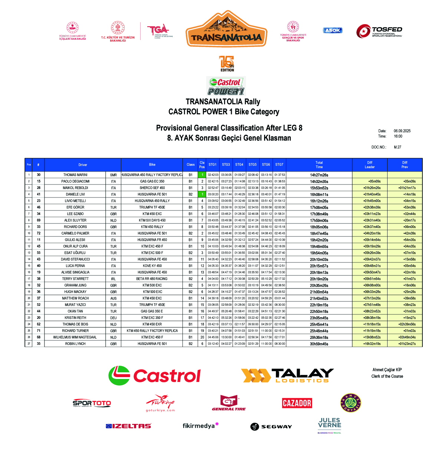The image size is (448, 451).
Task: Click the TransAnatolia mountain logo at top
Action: tap(226, 29)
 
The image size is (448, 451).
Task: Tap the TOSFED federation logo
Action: tap(379, 32)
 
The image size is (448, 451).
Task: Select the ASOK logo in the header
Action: tap(332, 30)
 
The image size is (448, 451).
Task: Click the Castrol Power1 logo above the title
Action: tap(226, 86)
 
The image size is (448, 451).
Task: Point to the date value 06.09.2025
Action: tap(402, 131)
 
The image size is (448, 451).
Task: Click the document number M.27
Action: tap(397, 147)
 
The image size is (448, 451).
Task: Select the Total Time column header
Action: tap(319, 165)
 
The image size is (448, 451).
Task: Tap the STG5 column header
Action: tap(253, 165)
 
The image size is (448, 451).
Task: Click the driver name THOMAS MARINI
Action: tap(75, 175)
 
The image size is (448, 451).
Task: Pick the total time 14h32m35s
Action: tap(319, 182)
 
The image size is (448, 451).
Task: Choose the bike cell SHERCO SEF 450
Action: tap(152, 188)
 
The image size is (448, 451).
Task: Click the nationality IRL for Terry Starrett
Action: tap(113, 279)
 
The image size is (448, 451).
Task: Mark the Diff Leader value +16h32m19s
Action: tap(372, 344)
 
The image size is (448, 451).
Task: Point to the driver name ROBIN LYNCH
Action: tap(75, 344)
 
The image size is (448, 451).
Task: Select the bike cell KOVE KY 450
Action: tap(152, 266)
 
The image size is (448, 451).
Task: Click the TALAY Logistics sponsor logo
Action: tap(287, 375)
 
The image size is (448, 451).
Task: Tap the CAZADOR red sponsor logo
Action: tap(297, 403)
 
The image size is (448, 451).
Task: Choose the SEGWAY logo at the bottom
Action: tap(271, 427)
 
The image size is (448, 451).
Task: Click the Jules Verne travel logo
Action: tap(329, 425)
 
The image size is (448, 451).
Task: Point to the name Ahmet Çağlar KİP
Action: tap(387, 370)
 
